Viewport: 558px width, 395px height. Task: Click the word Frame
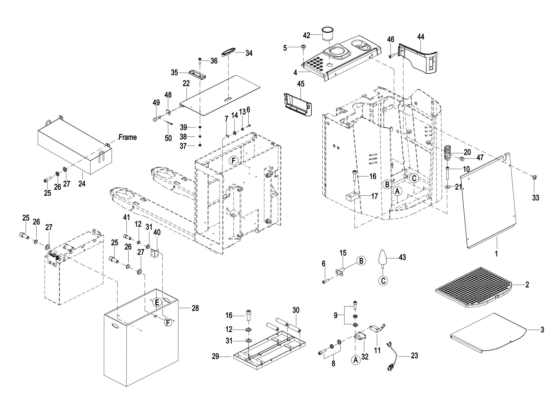(x=128, y=137)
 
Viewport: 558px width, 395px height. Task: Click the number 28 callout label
(x=195, y=308)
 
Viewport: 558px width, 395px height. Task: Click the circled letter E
(x=157, y=302)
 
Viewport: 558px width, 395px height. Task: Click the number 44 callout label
(x=421, y=37)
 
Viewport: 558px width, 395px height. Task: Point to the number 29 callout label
(x=215, y=357)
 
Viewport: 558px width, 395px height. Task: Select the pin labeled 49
(x=156, y=118)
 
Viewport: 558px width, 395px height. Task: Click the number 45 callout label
(x=301, y=84)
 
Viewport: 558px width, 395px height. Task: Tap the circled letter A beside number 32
(x=356, y=360)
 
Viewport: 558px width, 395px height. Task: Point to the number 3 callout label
(x=542, y=329)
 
